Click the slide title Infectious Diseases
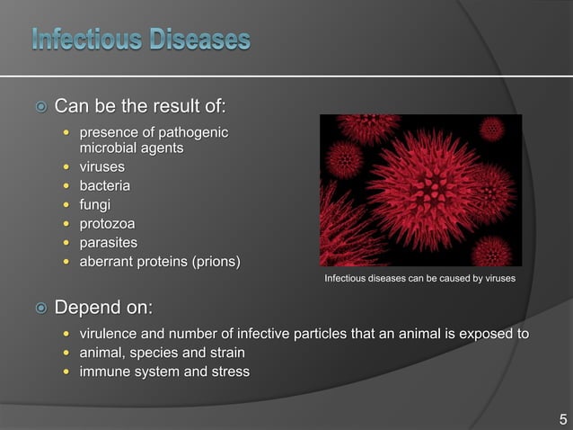click(142, 40)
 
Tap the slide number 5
click(563, 419)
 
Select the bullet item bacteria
click(105, 185)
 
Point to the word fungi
click(96, 204)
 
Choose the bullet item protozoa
click(109, 223)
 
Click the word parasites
click(110, 242)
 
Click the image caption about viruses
click(419, 279)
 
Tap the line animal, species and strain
click(163, 353)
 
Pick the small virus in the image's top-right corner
click(491, 129)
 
